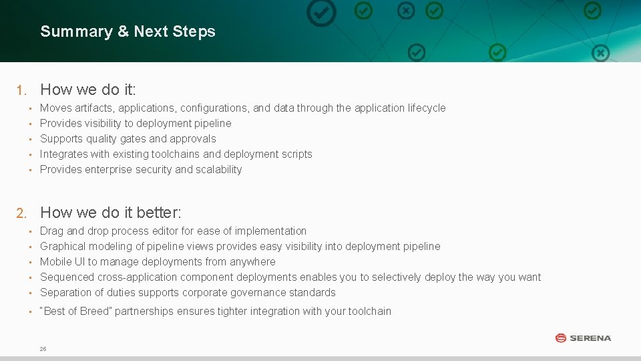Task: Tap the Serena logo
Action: tap(583, 338)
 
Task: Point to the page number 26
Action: tap(43, 349)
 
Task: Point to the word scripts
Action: tap(296, 154)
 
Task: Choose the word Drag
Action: tap(51, 231)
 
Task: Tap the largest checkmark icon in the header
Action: tap(321, 13)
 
